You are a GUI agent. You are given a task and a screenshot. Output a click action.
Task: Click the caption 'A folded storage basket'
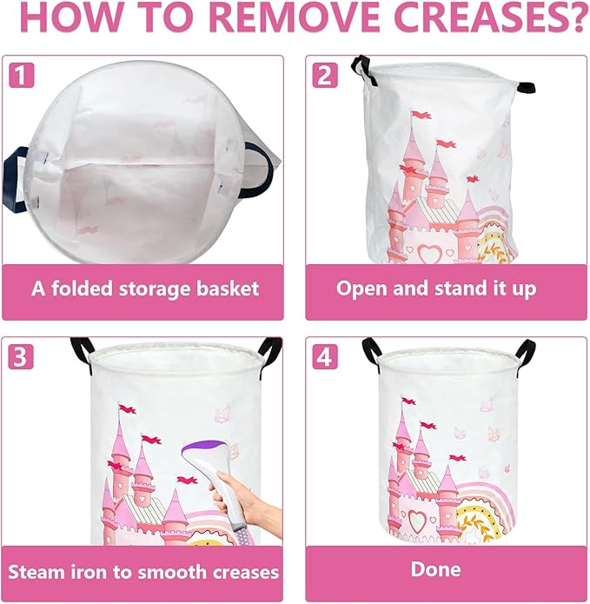pyautogui.click(x=145, y=289)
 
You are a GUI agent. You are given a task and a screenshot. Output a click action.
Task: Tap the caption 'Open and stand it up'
pyautogui.click(x=436, y=289)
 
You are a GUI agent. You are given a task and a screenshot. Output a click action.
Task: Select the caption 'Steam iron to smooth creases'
pyautogui.click(x=144, y=571)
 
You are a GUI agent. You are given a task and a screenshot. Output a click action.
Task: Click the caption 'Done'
pyautogui.click(x=436, y=570)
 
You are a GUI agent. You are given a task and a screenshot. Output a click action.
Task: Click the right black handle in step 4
pyautogui.click(x=526, y=352)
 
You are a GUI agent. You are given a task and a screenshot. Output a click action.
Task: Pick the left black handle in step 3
pyautogui.click(x=82, y=350)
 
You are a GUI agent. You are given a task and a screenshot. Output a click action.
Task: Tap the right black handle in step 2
pyautogui.click(x=525, y=86)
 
